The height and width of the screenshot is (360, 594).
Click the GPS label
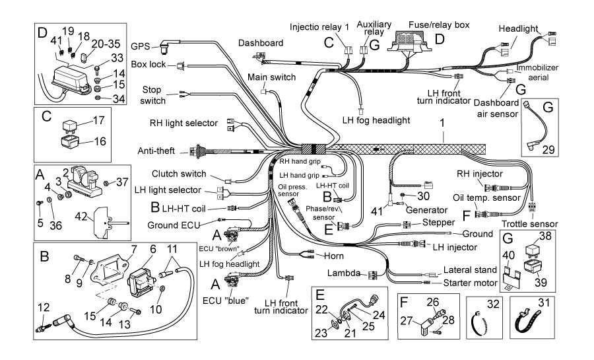point(140,46)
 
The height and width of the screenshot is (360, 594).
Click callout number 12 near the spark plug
point(44,306)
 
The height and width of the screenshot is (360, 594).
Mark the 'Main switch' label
point(271,77)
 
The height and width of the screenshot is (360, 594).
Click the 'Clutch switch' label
point(179,174)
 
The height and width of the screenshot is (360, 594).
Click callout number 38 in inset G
point(544,236)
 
